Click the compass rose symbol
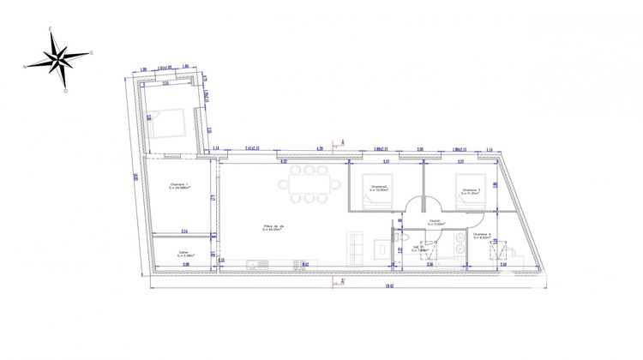[58, 58]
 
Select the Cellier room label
[183, 253]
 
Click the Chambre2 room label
[379, 189]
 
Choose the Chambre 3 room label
[471, 191]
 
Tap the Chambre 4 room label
[482, 235]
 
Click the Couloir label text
[435, 222]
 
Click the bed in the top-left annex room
[168, 123]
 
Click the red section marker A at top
[342, 142]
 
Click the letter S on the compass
[91, 52]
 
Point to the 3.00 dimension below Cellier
[186, 265]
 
